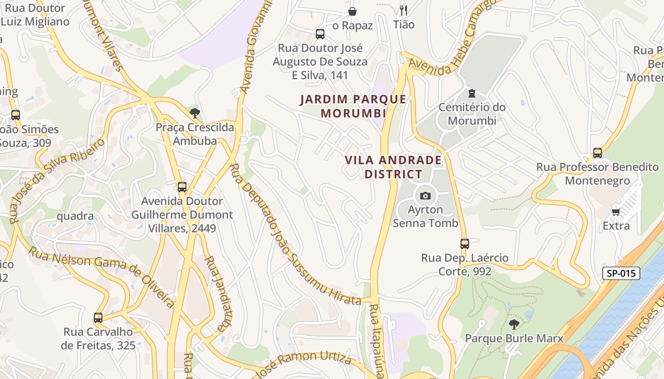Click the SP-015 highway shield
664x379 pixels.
621,273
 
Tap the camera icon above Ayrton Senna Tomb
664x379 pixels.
425,196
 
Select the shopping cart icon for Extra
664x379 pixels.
616,212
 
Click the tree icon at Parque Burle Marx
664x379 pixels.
514,325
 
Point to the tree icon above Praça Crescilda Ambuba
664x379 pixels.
194,113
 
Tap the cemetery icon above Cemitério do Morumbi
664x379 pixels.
471,93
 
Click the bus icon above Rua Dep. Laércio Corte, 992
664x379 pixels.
465,244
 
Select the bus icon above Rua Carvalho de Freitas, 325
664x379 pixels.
98,317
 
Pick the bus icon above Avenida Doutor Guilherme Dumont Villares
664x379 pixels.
182,187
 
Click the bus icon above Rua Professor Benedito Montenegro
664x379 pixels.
598,153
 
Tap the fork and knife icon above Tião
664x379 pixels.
404,10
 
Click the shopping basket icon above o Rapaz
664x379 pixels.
352,11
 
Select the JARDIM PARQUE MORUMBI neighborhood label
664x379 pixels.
353,106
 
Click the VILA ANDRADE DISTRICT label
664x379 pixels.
393,167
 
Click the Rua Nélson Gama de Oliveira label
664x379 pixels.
101,276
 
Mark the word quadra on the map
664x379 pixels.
75,216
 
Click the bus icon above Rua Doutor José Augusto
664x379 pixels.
320,34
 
